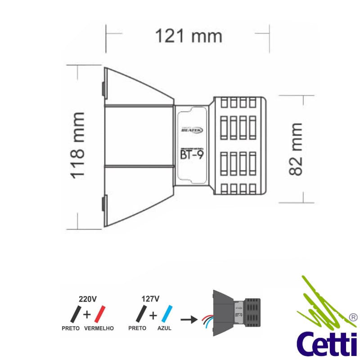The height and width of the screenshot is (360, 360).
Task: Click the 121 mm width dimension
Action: coord(189,35)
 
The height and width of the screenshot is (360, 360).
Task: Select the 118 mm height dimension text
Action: coord(77,145)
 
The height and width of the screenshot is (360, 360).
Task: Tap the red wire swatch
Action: coord(100,313)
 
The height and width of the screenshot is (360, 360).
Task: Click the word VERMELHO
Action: coord(99,328)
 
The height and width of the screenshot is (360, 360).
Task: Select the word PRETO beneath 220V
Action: coord(71,328)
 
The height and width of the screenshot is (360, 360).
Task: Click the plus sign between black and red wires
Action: coord(89,314)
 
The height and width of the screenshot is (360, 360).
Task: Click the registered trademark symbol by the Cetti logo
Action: coord(353,316)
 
